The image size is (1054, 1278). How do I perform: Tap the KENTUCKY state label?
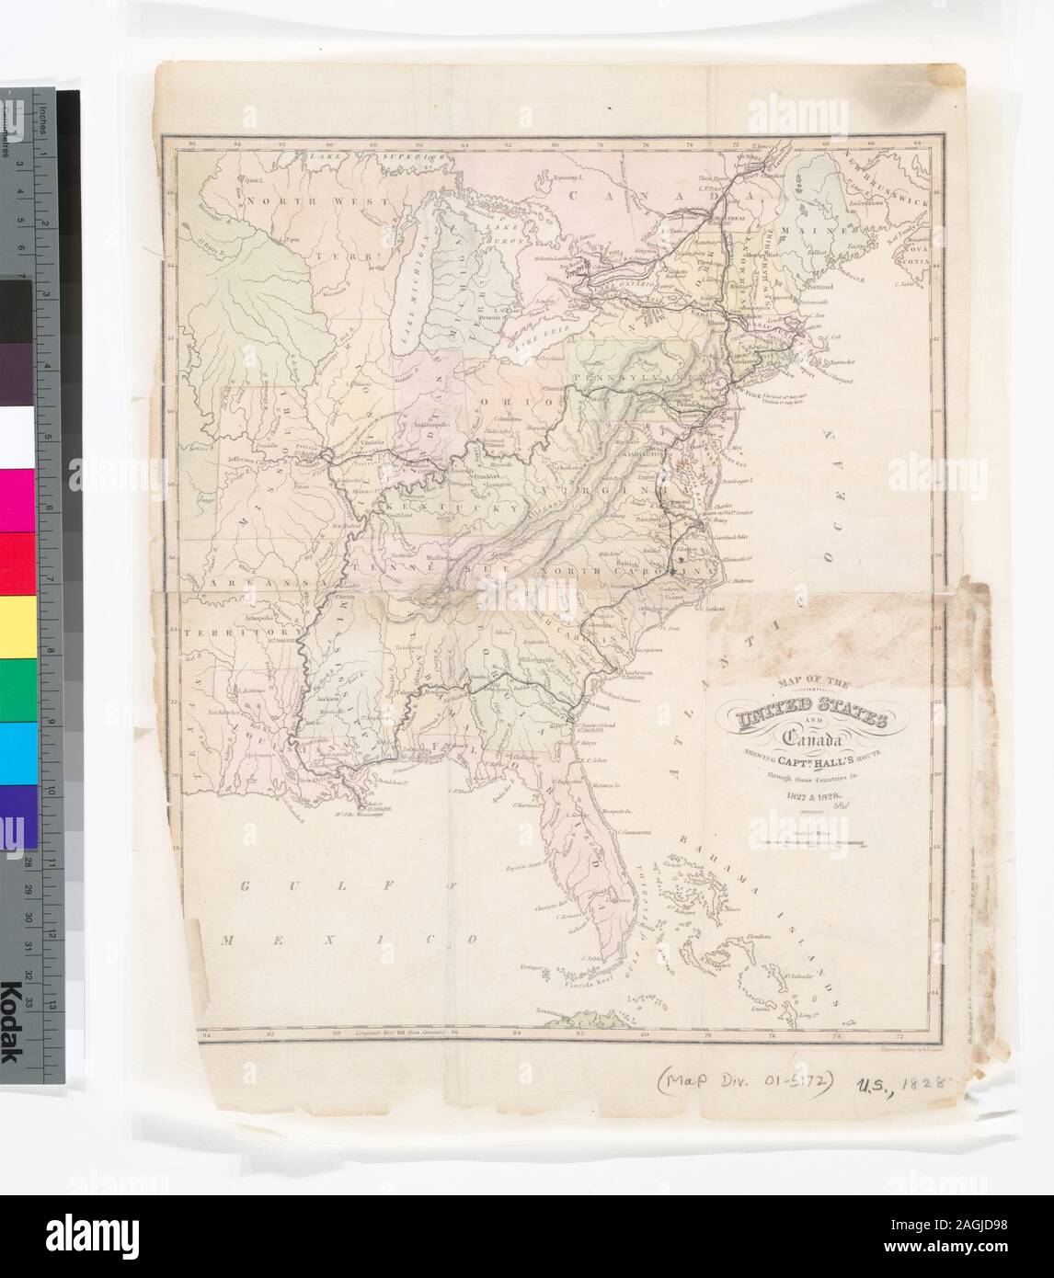[x=434, y=507]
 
